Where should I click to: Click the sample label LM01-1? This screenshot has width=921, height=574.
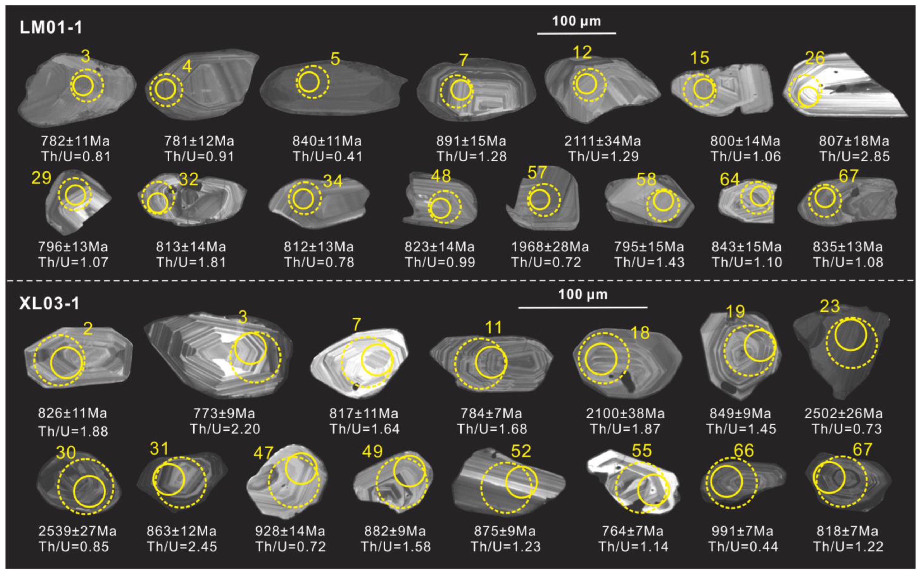(51, 27)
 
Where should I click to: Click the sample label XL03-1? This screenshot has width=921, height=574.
(50, 304)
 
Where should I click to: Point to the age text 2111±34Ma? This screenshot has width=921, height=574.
(602, 141)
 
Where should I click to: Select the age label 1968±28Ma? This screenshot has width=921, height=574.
(550, 247)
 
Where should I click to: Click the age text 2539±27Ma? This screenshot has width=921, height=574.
(77, 531)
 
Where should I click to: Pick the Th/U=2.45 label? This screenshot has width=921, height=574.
(182, 546)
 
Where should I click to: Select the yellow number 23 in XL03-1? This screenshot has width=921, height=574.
(830, 306)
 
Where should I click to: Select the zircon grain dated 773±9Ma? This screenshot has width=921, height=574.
(218, 355)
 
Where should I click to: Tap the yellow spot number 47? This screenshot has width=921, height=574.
(264, 452)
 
